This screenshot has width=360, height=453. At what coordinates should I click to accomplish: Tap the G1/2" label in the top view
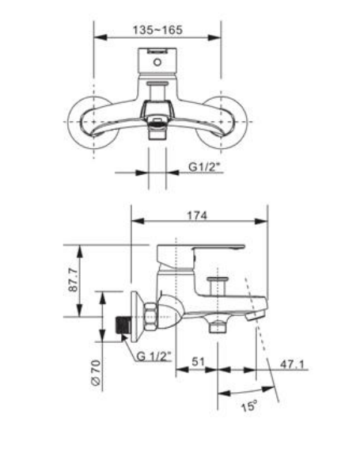coord(205,167)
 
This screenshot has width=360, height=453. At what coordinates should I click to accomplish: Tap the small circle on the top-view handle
coord(157,59)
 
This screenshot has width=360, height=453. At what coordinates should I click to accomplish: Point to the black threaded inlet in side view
coord(123,326)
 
